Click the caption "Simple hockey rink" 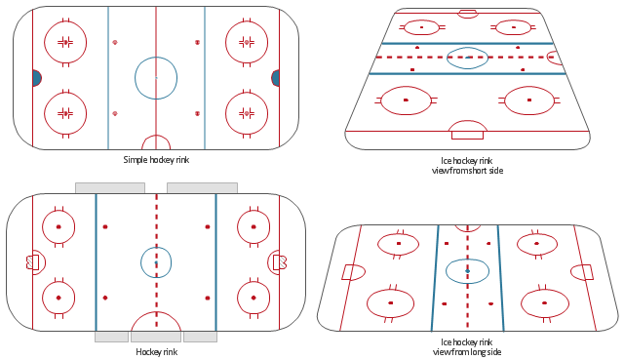coord(156,160)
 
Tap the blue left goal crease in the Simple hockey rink coord(37,78)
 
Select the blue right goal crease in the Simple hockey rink coord(275,78)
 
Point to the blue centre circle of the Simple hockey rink coord(135,78)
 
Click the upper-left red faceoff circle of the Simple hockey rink coord(44,42)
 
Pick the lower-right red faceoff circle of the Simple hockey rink coord(225,113)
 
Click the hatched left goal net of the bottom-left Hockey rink coord(30,262)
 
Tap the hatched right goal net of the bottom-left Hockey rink coord(283,262)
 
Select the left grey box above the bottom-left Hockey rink coord(110,188)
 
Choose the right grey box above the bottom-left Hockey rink coord(202,188)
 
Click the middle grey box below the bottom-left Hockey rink coord(156,337)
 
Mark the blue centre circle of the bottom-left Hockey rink coord(140,262)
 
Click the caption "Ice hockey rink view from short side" coord(467,166)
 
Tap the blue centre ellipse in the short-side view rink coord(447,58)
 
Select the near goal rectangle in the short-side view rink coord(468,135)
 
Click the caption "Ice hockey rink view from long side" coord(467,347)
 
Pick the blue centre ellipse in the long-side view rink coord(447,271)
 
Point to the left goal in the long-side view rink coord(347,272)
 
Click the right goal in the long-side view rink coord(587,272)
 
